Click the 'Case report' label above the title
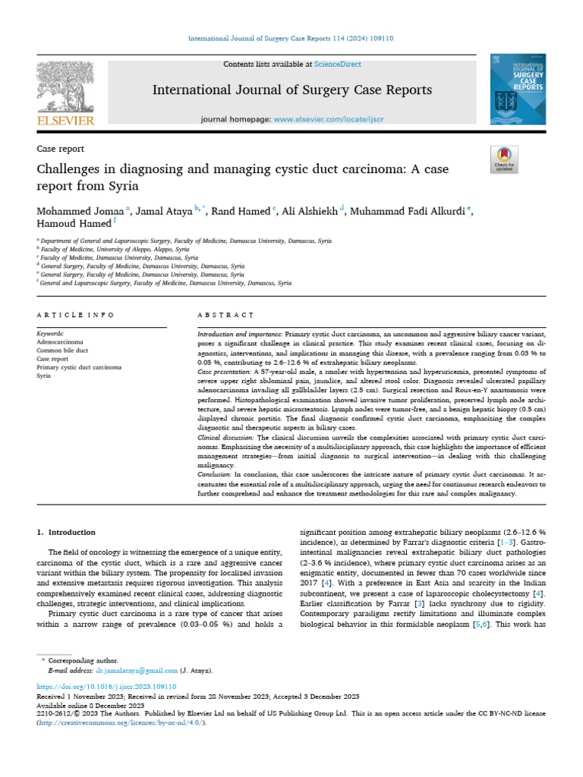[x=61, y=149]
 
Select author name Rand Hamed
[x=241, y=210]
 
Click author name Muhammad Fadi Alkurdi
[x=410, y=210]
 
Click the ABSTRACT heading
[x=225, y=314]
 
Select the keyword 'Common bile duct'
[x=62, y=350]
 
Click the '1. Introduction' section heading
[x=67, y=532]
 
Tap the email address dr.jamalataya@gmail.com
[x=137, y=671]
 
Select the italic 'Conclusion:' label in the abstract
[x=215, y=474]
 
